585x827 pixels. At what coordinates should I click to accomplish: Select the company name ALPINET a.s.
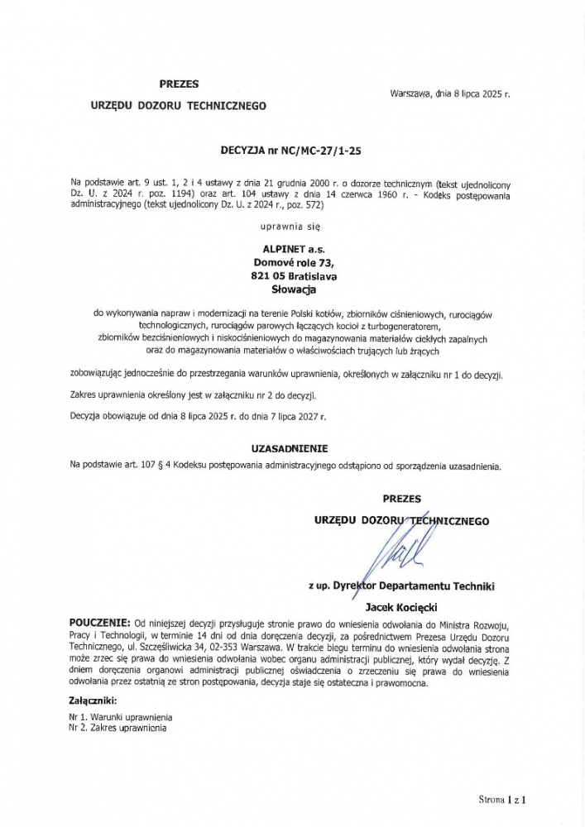click(293, 246)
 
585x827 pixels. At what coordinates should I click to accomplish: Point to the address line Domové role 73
click(293, 261)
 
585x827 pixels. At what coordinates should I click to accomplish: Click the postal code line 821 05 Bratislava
click(293, 275)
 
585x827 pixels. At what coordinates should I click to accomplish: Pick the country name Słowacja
click(293, 289)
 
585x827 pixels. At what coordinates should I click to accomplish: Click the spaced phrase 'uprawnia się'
click(293, 224)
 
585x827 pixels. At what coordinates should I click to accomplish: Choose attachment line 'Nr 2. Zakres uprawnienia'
click(117, 728)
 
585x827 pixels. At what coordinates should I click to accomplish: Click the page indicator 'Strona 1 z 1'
click(502, 800)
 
